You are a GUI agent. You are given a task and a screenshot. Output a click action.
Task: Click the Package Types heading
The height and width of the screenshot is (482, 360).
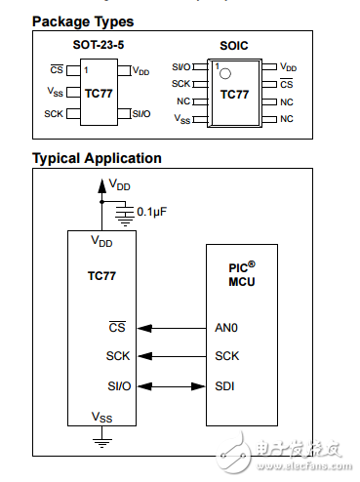(83, 21)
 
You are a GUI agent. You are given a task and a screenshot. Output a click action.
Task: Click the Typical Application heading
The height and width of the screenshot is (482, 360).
(97, 158)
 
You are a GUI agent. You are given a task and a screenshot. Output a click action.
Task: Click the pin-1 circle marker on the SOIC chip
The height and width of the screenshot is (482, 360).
(223, 74)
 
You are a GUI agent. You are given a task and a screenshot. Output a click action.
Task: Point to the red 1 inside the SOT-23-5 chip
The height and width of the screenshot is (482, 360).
(86, 70)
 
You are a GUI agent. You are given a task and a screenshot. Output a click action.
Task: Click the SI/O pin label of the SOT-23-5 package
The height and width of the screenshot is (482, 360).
(140, 114)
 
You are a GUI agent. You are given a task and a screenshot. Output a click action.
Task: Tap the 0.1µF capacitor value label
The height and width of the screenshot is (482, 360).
(155, 211)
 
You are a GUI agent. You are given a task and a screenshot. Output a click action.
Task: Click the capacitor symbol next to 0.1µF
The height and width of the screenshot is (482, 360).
(123, 211)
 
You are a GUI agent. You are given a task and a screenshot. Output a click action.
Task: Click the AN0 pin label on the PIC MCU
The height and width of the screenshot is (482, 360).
(226, 328)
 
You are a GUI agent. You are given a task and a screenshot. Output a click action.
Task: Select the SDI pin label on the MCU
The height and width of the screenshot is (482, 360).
(225, 385)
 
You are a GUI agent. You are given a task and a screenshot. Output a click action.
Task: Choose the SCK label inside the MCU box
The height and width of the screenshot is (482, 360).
(226, 356)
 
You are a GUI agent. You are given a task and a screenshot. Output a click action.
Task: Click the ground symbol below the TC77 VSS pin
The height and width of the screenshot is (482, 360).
(100, 440)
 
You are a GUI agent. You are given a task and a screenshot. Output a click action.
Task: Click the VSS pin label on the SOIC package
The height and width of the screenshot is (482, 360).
(182, 119)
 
